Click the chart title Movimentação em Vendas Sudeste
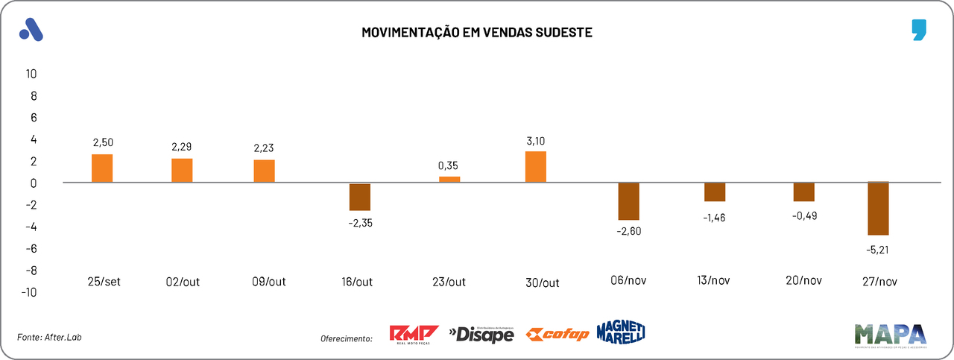click(477, 32)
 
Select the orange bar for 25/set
click(102, 168)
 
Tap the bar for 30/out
click(536, 167)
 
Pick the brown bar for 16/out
click(360, 197)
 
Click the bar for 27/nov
click(878, 209)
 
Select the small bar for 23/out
click(449, 180)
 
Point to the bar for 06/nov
click(629, 201)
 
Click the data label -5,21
click(878, 249)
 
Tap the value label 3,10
click(536, 141)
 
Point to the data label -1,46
click(714, 218)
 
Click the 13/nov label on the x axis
click(714, 281)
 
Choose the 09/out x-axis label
click(269, 282)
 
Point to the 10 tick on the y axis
click(31, 74)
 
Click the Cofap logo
click(557, 335)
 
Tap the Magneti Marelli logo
click(621, 332)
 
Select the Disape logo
click(481, 335)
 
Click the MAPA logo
click(891, 335)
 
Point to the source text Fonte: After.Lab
click(49, 338)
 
